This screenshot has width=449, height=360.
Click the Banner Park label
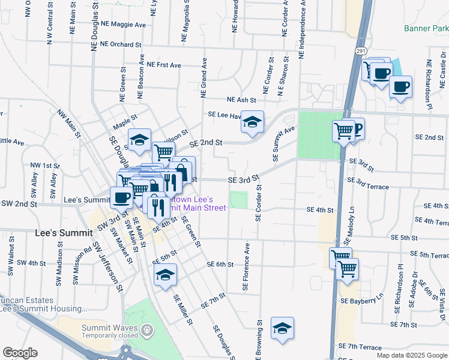coord(426,28)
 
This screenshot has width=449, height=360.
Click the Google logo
coord(20,353)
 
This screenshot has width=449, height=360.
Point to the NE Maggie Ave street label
coord(124,25)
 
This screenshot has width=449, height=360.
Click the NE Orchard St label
coord(121,44)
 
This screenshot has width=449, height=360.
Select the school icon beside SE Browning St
coord(282,328)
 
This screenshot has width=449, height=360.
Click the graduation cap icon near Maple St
coord(140,140)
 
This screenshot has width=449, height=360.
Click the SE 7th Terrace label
coord(360,347)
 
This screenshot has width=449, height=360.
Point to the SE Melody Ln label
coord(349,225)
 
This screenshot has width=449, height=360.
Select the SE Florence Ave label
coord(246,267)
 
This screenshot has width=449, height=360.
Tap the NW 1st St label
coord(45,165)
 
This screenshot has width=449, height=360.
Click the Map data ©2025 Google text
coord(412,355)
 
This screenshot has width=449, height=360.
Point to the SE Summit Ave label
coord(285,144)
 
